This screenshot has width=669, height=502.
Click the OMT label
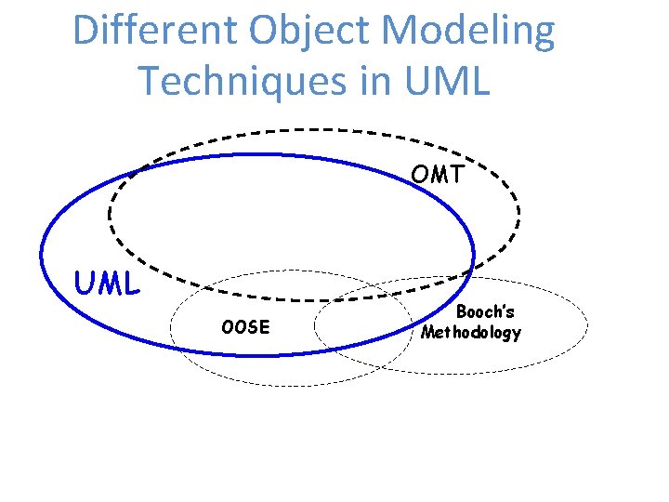(438, 174)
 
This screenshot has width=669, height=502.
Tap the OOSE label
(245, 327)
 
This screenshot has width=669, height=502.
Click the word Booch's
(485, 312)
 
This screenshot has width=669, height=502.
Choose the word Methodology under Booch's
(471, 332)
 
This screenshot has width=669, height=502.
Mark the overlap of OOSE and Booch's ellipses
(362, 325)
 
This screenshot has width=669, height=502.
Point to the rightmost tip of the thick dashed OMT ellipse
(519, 215)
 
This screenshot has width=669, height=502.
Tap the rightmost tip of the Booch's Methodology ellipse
(588, 324)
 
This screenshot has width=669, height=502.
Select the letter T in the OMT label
(455, 174)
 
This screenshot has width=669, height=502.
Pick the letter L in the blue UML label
(131, 284)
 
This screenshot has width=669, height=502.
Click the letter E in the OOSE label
(264, 327)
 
